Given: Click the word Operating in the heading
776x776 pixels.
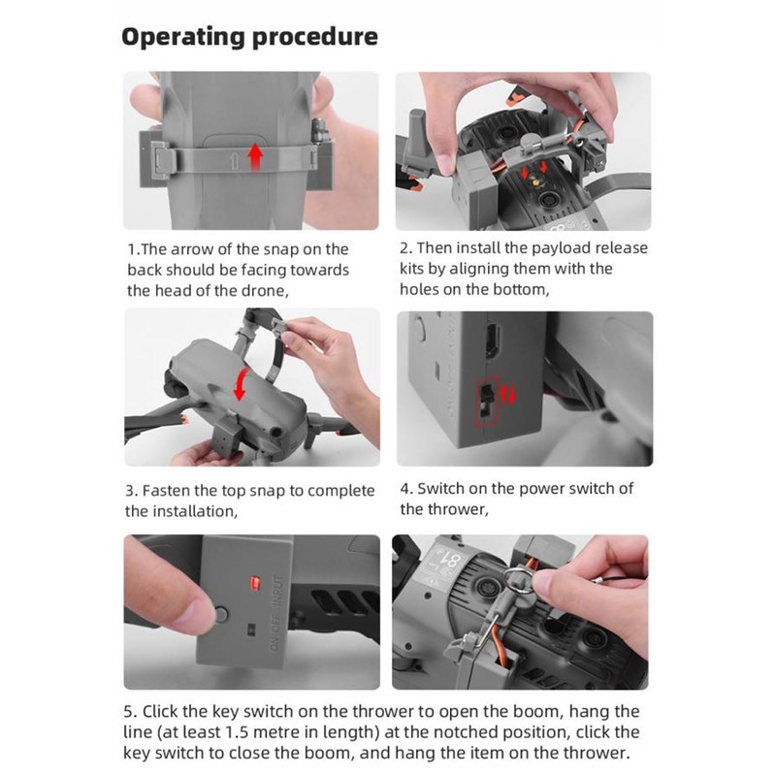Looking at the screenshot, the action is click(x=183, y=38).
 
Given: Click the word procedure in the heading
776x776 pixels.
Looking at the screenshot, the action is click(x=314, y=38).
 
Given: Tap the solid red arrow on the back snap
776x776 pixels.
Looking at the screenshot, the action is click(x=255, y=156).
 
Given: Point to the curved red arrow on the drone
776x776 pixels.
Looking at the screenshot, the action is click(x=241, y=384).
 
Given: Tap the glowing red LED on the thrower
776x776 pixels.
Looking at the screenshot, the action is click(x=255, y=583).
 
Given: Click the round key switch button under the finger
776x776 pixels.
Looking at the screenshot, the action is click(x=221, y=615).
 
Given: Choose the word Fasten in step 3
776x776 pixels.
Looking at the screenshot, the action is click(x=166, y=491).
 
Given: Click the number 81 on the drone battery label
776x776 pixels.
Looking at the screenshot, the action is click(x=451, y=561).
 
